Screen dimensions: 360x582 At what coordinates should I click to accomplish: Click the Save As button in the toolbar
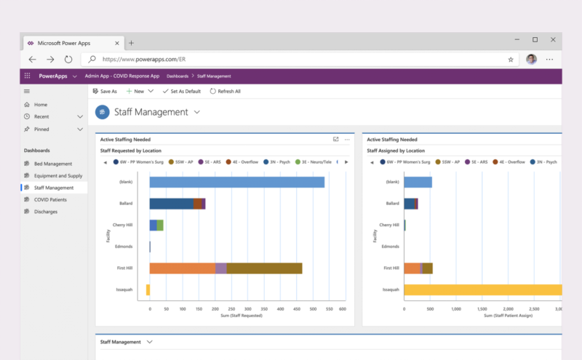[x=104, y=92]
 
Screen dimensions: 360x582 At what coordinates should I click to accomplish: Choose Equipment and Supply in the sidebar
[x=57, y=175]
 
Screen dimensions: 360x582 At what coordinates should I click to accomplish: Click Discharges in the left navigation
[x=45, y=212]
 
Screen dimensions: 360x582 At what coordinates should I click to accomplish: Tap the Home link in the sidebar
[x=40, y=105]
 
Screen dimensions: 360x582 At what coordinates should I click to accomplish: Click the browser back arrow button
[x=32, y=60]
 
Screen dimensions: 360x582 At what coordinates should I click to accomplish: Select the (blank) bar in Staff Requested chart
[x=236, y=182]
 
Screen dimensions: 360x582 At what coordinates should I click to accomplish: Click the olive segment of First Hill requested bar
[x=263, y=268]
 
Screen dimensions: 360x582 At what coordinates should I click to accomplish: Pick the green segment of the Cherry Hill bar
[x=160, y=225]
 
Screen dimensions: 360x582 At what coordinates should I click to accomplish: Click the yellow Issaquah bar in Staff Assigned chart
[x=483, y=290]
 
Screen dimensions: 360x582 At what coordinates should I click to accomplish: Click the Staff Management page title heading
[x=150, y=112]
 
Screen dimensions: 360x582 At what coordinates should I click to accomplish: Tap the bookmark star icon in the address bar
[x=511, y=60]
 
